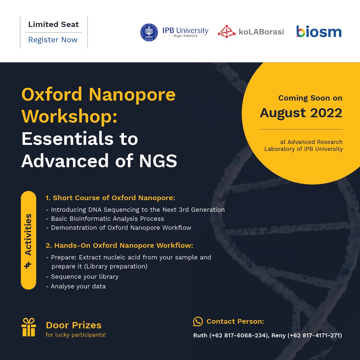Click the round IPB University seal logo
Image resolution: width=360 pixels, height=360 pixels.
(x=149, y=32)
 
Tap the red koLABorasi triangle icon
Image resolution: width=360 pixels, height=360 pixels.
(x=226, y=31)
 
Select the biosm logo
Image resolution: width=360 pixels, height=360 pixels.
(x=319, y=31)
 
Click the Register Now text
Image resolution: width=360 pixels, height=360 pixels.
(x=53, y=40)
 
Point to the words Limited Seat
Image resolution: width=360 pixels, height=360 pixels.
(x=54, y=24)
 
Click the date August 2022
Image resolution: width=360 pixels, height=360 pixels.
(x=301, y=113)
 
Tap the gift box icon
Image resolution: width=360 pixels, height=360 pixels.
(x=29, y=327)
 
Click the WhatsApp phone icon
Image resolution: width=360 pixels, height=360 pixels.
(x=198, y=321)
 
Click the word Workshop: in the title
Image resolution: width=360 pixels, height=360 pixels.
(x=69, y=117)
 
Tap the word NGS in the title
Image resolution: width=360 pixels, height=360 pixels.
(x=158, y=161)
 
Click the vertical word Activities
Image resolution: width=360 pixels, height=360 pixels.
(x=28, y=235)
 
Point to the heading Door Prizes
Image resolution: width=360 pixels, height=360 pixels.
(x=74, y=325)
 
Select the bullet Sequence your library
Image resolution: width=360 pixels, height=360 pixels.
(x=82, y=277)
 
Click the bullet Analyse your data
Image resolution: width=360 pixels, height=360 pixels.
(x=76, y=286)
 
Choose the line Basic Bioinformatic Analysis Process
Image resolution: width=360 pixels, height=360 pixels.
(x=105, y=219)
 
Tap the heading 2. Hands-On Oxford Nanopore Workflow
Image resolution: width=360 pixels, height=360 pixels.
(x=119, y=245)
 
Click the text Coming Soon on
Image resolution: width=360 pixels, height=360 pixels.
(x=310, y=98)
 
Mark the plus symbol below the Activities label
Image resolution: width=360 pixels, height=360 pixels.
(x=28, y=265)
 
